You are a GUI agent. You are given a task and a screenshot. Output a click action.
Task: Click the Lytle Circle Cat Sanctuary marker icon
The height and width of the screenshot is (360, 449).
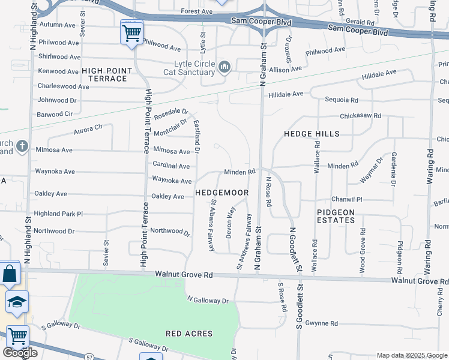(225, 66)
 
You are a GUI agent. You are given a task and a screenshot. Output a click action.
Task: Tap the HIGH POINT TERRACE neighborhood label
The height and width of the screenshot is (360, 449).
(108, 74)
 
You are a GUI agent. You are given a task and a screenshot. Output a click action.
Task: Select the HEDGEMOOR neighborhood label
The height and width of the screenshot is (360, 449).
(221, 193)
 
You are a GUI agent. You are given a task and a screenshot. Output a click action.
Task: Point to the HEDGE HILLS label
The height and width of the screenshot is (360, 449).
(312, 134)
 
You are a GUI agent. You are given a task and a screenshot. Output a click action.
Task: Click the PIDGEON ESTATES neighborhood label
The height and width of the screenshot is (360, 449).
(336, 216)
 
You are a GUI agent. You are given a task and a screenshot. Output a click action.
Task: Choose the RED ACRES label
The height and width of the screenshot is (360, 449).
(190, 333)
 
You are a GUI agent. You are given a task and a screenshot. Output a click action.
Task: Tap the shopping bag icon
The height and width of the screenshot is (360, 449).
(11, 275)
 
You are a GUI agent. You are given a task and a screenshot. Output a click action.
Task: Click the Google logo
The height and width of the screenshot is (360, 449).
(20, 353)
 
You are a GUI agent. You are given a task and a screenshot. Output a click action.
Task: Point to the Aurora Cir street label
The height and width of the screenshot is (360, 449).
(89, 128)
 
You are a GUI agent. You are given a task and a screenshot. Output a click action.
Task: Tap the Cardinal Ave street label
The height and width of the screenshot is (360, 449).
(171, 166)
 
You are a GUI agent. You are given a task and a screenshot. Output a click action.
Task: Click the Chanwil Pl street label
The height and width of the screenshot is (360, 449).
(347, 199)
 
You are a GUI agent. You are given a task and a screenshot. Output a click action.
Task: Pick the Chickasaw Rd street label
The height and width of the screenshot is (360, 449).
(360, 115)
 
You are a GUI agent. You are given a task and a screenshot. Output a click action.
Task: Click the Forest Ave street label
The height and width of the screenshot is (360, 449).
(197, 11)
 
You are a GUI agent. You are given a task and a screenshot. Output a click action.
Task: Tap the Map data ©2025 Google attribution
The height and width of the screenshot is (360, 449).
(411, 355)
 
